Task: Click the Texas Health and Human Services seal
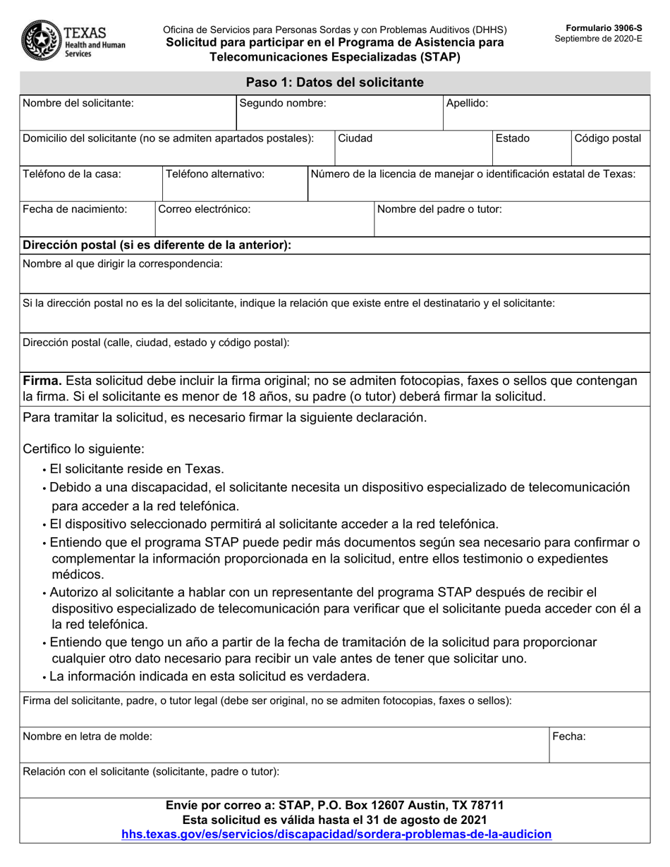(x=41, y=41)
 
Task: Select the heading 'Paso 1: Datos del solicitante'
(x=334, y=82)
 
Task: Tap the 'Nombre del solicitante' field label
(x=78, y=103)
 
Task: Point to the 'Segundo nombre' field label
(x=283, y=103)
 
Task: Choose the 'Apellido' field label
(x=467, y=103)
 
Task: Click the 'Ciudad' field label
(x=355, y=138)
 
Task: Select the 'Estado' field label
(x=513, y=138)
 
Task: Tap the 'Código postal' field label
(x=608, y=138)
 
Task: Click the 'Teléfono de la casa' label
(x=72, y=173)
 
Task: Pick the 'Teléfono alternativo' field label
(x=214, y=173)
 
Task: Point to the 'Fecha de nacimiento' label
(x=75, y=209)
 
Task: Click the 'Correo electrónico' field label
(x=205, y=209)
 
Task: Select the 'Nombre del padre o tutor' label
(x=440, y=209)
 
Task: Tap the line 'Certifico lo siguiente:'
(x=84, y=449)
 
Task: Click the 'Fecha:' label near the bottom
(x=569, y=737)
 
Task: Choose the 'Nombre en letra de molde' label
(x=87, y=737)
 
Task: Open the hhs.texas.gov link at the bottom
(x=336, y=835)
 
